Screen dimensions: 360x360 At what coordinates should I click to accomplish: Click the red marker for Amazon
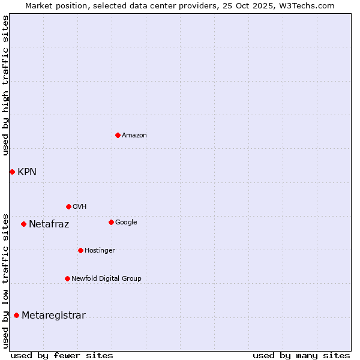click(118, 135)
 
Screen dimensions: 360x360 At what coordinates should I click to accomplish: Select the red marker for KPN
click(12, 172)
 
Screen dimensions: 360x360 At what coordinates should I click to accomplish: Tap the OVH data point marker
click(68, 206)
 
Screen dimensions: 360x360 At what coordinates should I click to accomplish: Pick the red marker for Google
click(111, 222)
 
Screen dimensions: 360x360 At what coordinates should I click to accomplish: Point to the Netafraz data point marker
click(23, 224)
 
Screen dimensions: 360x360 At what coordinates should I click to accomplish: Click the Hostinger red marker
click(80, 250)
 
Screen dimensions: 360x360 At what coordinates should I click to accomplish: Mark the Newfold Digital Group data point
click(67, 278)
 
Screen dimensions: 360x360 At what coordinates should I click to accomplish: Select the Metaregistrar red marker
click(16, 316)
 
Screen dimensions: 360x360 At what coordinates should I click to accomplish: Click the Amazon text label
click(134, 136)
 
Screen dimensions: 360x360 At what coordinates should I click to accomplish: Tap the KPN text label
click(27, 172)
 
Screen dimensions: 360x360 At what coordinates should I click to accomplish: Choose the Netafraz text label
click(49, 224)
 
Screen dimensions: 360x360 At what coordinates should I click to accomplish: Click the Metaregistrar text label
click(53, 316)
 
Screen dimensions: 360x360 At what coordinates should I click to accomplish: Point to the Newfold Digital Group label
click(106, 278)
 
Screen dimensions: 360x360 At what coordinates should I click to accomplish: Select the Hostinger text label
click(100, 250)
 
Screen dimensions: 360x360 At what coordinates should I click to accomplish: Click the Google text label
click(126, 222)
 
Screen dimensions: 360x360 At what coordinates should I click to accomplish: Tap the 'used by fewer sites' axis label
click(62, 355)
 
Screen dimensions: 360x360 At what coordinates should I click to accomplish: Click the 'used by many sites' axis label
click(301, 355)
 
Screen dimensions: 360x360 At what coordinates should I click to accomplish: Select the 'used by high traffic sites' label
click(5, 85)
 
